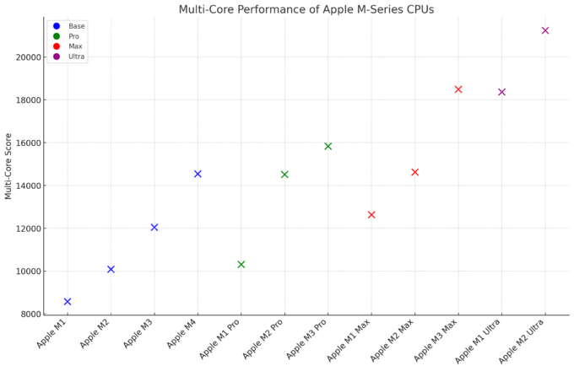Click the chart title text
[x=306, y=9]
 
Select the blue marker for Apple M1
[x=68, y=301]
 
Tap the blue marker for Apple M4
[x=198, y=174]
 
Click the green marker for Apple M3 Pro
[x=328, y=146]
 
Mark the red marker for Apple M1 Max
[x=371, y=214]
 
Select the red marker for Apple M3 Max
[x=458, y=89]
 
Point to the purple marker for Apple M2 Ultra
[x=545, y=30]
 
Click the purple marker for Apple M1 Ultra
[x=501, y=92]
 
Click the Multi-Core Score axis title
[x=8, y=165]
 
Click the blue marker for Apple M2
[x=111, y=269]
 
